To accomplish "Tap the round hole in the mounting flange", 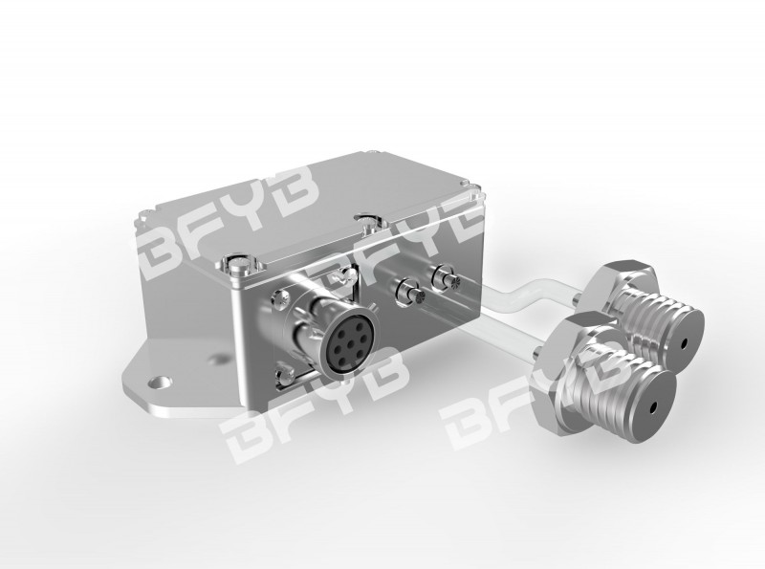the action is tap(160, 383).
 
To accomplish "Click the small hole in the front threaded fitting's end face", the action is tap(653, 407).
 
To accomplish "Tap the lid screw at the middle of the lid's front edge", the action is tap(369, 221).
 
